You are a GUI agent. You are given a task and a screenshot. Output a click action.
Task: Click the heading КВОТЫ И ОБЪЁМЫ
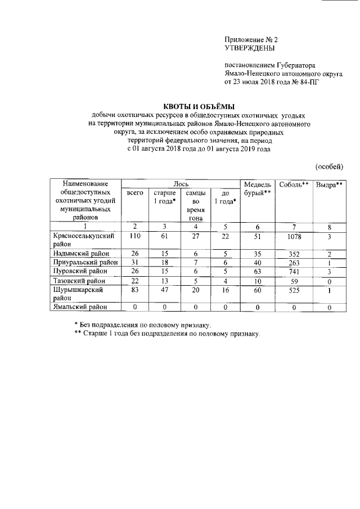pyautogui.click(x=199, y=107)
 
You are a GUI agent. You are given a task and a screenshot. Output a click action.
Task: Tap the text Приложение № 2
pyautogui.click(x=251, y=40)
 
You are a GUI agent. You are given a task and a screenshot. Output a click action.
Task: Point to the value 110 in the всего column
pyautogui.click(x=135, y=237)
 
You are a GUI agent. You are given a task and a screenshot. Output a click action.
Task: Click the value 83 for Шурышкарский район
pyautogui.click(x=135, y=289)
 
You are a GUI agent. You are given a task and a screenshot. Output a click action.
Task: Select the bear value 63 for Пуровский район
pyautogui.click(x=257, y=272)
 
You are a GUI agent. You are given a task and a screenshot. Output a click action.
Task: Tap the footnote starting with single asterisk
pyautogui.click(x=143, y=325)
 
